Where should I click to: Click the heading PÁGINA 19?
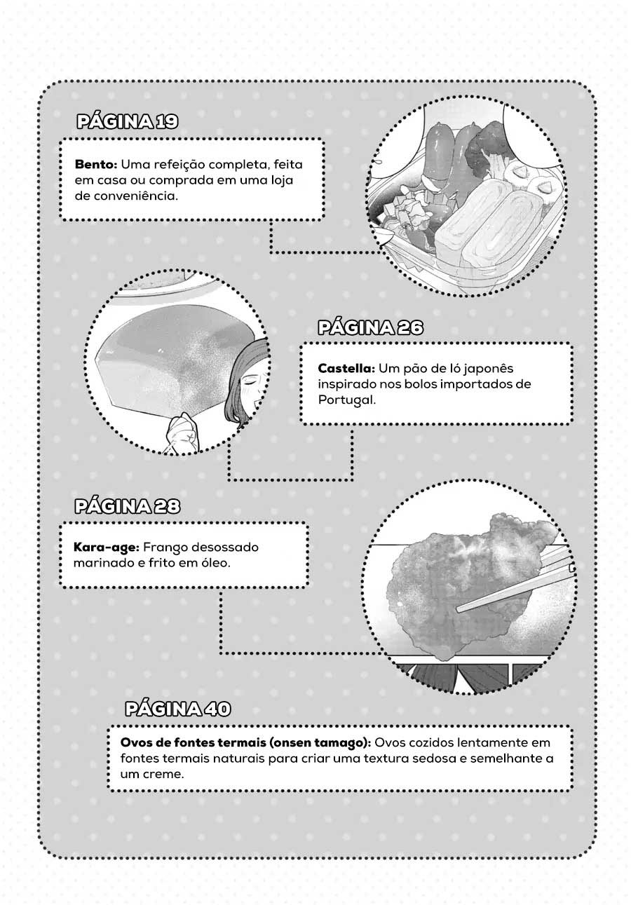coord(127,121)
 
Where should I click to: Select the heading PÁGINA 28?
coord(127,506)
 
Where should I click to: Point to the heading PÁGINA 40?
coord(178,709)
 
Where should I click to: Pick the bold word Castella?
coord(346,368)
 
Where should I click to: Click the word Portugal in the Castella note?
coord(346,400)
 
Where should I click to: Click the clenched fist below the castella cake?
coord(184,432)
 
